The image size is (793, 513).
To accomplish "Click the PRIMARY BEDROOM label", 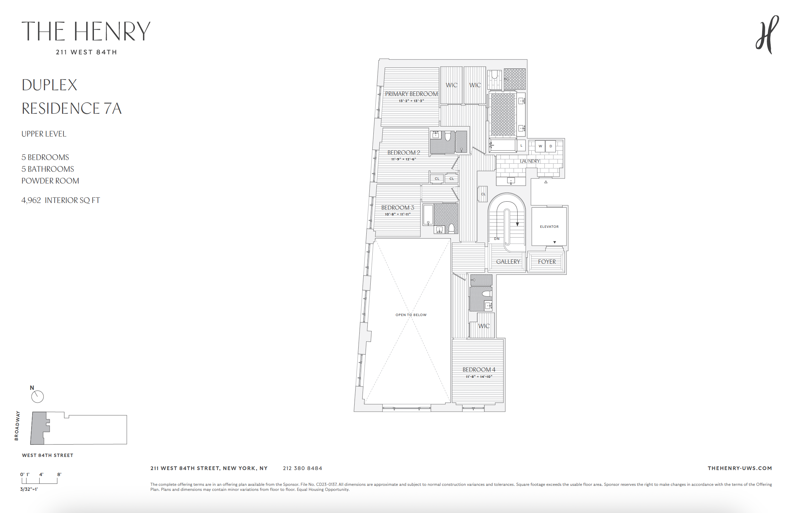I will (411, 94).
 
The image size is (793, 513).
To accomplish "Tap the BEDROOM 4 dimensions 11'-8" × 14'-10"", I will (479, 377).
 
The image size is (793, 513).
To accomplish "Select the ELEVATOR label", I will (549, 227).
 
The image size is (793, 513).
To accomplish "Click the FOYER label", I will (547, 262).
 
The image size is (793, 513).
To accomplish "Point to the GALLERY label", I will (508, 262).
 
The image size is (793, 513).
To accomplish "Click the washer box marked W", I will (540, 146).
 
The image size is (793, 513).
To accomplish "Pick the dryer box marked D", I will (550, 146).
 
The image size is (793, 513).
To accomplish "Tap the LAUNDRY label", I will (530, 161).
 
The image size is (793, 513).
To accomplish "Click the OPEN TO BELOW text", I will (411, 315).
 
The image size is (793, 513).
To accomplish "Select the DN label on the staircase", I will (496, 239).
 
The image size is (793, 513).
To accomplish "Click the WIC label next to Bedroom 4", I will (484, 326).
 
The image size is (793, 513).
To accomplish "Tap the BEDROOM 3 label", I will (398, 208).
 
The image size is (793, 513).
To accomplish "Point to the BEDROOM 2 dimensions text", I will (404, 159).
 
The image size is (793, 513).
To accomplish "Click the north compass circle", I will (38, 397).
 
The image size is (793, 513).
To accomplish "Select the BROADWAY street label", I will (17, 425).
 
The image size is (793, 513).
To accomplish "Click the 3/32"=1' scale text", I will (29, 489).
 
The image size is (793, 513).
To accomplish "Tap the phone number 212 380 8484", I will (302, 468).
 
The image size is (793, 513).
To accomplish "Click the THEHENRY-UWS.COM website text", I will (740, 468).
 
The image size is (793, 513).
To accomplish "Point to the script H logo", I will (767, 35).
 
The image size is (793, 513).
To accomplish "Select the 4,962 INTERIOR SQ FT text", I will (61, 200).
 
